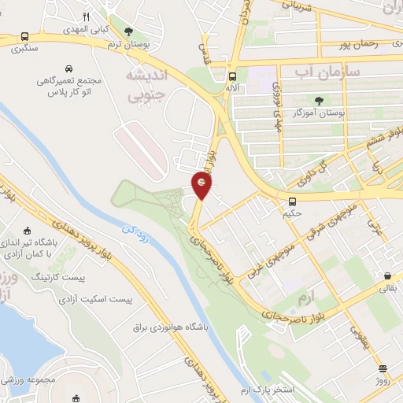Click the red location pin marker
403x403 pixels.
pos(202,185)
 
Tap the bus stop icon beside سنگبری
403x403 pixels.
pos(25,36)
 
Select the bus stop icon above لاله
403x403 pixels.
pos(232,77)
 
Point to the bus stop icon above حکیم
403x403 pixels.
pos(292,201)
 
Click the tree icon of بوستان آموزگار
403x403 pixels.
pos(319,100)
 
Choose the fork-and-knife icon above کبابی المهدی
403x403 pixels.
pos(87,16)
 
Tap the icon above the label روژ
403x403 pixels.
pos(383,368)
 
